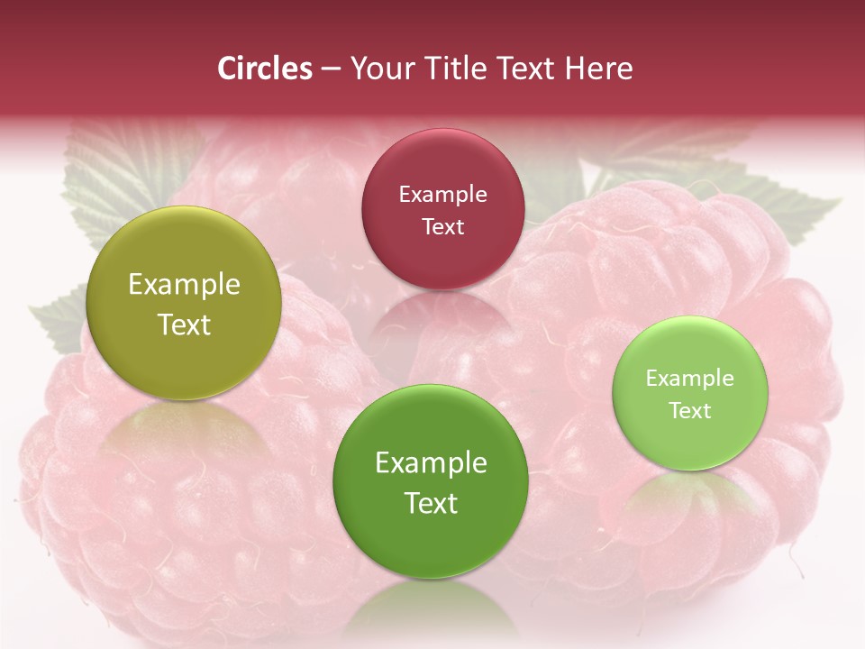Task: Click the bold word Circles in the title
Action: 264,69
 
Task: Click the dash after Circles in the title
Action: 331,69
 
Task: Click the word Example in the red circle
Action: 442,195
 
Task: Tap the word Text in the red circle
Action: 442,227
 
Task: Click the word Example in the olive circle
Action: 184,285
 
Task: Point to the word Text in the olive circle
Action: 184,325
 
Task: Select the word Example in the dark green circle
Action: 431,463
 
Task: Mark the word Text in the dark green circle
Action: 431,503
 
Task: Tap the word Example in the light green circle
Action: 690,379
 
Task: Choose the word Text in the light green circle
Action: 690,411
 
